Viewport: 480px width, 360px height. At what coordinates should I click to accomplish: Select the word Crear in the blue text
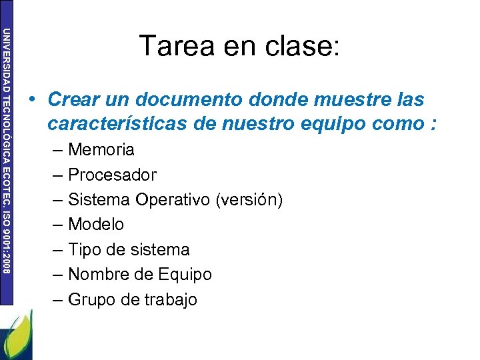click(x=71, y=100)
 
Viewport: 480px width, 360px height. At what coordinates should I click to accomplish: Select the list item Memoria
click(x=101, y=149)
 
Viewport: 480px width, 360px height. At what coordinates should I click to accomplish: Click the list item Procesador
click(x=112, y=175)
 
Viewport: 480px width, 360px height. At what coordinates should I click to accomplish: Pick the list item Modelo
click(x=96, y=225)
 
